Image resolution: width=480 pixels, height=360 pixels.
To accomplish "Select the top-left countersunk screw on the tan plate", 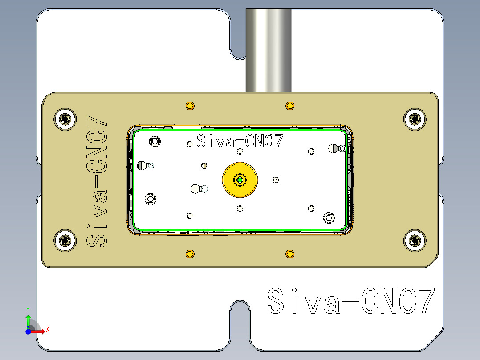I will (x=65, y=119).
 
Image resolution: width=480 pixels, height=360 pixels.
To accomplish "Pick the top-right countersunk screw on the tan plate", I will (x=415, y=119).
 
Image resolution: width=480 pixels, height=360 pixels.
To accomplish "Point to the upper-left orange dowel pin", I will (x=190, y=106).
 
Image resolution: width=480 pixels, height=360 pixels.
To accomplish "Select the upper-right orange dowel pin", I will (x=290, y=106).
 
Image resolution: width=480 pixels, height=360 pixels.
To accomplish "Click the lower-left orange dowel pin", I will (x=190, y=254).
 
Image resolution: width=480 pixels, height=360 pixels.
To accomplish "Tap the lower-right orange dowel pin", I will (x=290, y=254).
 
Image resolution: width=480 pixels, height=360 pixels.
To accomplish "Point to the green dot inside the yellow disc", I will (x=240, y=180).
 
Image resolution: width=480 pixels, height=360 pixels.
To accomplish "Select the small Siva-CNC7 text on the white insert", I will (x=240, y=142).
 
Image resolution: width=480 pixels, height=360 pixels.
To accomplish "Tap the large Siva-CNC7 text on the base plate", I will (x=350, y=302).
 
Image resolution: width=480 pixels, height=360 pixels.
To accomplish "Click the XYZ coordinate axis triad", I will (x=31, y=325).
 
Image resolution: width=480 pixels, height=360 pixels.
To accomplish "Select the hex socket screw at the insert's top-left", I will (x=155, y=142).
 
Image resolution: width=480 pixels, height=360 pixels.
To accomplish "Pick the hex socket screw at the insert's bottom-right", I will (x=329, y=217).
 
